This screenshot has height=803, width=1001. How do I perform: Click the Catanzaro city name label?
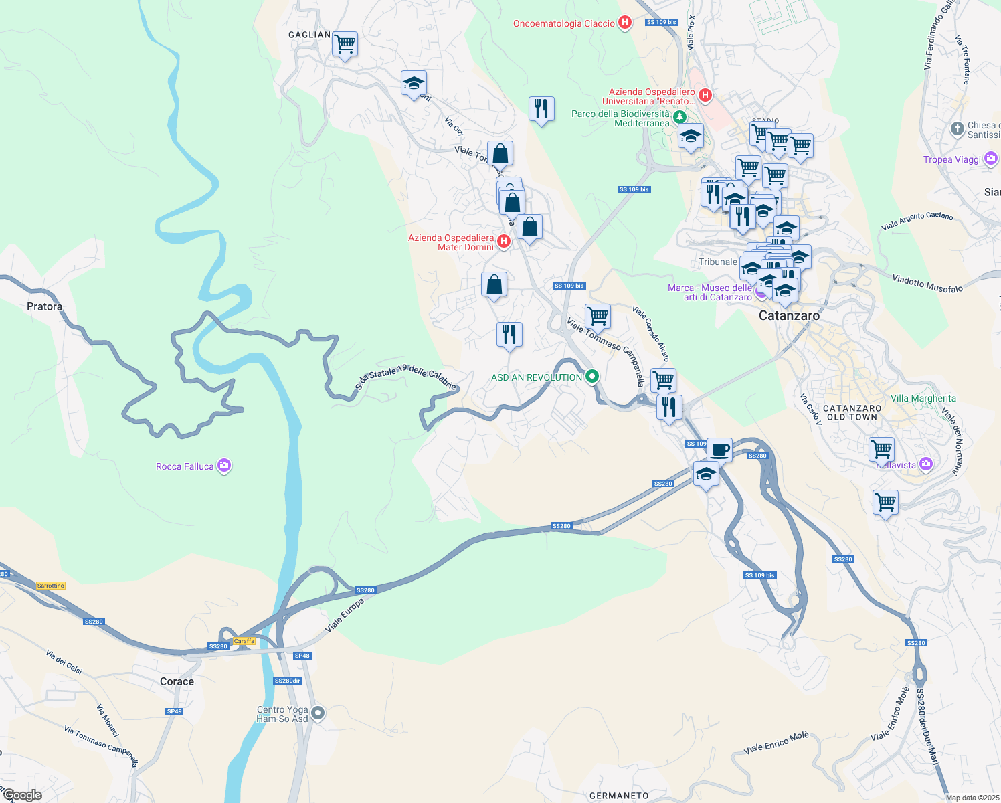coord(789,315)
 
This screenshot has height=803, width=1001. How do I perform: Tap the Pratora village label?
coord(44,306)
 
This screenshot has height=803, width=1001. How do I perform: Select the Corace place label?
coord(177,681)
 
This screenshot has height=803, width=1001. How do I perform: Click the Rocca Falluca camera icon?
coord(224,466)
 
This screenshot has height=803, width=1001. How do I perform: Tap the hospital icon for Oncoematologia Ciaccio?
coord(625,23)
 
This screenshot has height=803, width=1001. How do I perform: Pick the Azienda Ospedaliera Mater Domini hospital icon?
coord(504,241)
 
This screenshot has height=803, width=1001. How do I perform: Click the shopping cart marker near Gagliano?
coord(345,45)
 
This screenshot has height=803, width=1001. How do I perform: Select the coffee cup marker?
coord(719,450)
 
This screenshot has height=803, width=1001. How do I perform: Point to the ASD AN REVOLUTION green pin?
coord(591,377)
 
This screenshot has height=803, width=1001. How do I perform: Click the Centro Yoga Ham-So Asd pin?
coord(318,714)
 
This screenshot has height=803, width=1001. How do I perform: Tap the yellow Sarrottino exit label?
coord(51,586)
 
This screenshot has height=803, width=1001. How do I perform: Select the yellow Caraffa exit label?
coord(244,641)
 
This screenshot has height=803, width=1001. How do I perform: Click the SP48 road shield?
coord(302,656)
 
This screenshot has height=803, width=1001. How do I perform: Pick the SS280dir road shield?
coord(288,681)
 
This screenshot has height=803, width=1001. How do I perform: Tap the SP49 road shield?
coord(174,711)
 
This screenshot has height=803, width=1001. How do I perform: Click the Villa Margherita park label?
coord(923,398)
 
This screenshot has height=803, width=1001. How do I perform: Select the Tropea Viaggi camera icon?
coord(990,159)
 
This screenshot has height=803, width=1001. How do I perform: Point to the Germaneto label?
coord(619,796)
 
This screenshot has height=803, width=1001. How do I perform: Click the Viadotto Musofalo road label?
coord(927,283)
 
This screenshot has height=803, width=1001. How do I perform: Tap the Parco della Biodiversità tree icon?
coord(680,117)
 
